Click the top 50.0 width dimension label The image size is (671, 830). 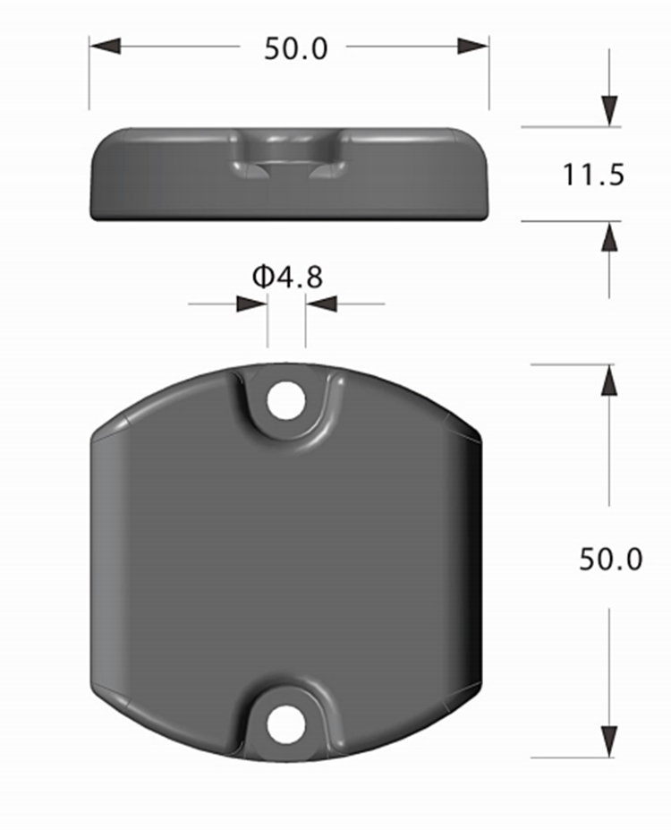click(295, 48)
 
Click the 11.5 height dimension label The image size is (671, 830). click(593, 175)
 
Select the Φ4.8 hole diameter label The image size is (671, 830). click(287, 277)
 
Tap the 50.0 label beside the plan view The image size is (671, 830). click(611, 559)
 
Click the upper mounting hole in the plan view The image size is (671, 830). click(286, 399)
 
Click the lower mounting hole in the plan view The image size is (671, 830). click(286, 723)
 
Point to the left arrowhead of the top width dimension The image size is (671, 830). click(105, 46)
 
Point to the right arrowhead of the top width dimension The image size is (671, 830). click(473, 46)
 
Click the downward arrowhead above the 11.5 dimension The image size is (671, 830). click(609, 111)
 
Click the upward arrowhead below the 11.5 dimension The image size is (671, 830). click(609, 236)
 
